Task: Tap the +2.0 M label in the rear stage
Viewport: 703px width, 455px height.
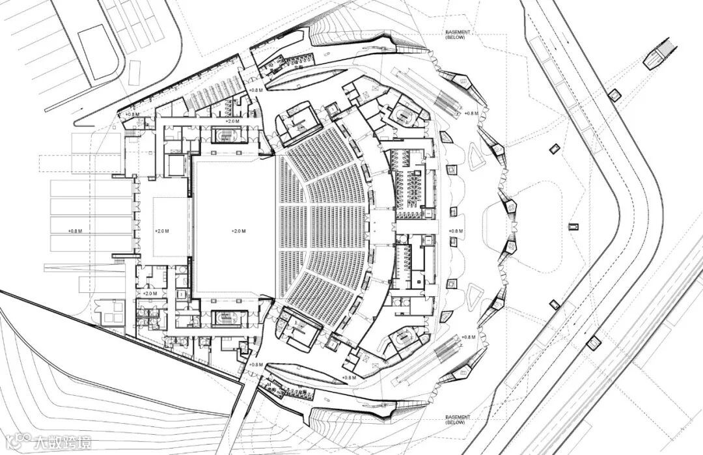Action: (x=162, y=231)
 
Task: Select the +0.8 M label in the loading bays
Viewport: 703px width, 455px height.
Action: (x=77, y=231)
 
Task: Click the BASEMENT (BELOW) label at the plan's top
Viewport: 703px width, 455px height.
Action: (x=458, y=35)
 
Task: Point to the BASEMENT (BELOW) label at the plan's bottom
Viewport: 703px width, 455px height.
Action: (x=458, y=420)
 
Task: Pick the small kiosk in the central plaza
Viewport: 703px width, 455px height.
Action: (x=573, y=227)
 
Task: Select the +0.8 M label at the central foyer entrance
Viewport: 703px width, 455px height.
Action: (x=456, y=231)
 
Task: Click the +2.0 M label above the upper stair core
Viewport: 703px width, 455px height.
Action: (x=231, y=121)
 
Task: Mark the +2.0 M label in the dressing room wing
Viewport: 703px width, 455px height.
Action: (x=150, y=294)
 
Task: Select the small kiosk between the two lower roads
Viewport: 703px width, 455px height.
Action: (x=593, y=342)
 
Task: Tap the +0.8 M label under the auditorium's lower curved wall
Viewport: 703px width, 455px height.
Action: (x=348, y=378)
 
